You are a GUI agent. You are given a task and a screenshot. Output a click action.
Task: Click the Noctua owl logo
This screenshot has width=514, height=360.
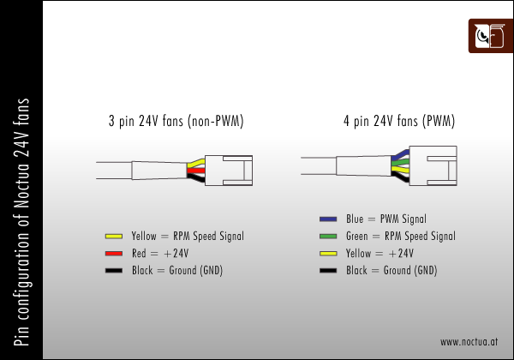[x=491, y=36]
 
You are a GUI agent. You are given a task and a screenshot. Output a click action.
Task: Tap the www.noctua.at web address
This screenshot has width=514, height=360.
[x=469, y=342]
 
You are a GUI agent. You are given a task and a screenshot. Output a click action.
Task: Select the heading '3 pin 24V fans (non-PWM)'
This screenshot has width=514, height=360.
[x=176, y=121]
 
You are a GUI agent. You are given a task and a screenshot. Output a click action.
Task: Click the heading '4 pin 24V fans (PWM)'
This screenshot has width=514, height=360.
[x=399, y=121]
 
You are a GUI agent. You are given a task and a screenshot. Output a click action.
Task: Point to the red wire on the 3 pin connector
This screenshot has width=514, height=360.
[x=196, y=171]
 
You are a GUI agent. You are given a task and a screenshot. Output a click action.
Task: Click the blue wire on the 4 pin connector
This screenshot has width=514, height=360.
[x=401, y=154]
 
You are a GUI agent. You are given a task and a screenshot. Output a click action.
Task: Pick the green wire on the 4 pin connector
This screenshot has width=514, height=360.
[x=400, y=162]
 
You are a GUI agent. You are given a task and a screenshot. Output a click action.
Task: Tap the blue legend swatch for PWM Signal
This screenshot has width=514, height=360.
[x=328, y=219]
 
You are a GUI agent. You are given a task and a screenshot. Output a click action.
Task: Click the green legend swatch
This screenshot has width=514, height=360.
[x=328, y=236]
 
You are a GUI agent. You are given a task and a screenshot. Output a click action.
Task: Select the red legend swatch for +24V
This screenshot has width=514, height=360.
[x=114, y=254]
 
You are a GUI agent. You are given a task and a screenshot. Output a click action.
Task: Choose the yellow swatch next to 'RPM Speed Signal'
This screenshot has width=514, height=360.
[x=114, y=236]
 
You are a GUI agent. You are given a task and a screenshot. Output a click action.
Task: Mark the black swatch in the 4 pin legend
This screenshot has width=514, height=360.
[x=328, y=271]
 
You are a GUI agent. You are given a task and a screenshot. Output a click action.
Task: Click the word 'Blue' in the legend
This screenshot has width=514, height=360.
[x=355, y=219]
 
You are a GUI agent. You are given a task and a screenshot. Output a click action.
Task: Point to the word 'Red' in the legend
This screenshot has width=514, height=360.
[x=139, y=253]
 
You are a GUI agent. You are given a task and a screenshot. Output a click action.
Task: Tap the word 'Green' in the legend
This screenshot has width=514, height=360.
[x=357, y=236]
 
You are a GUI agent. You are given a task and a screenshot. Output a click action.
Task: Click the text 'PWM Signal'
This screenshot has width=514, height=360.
[x=403, y=219]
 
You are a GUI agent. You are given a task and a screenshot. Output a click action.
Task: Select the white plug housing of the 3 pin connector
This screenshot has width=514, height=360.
[x=229, y=171]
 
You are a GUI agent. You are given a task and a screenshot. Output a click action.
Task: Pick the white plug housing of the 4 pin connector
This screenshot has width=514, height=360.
[x=433, y=165]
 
